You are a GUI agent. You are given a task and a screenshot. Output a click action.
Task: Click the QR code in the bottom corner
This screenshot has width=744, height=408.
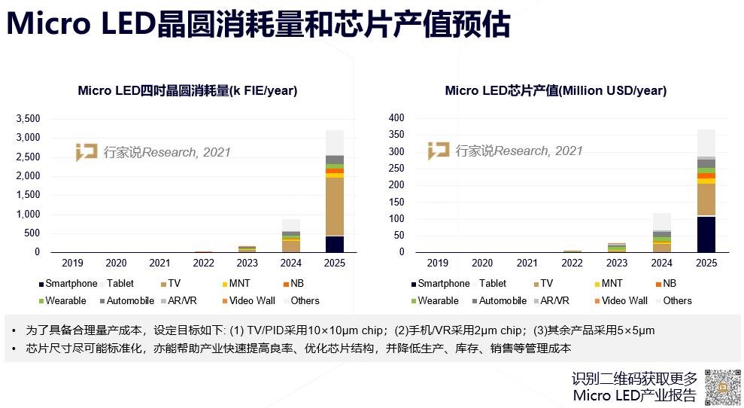click(x=722, y=387)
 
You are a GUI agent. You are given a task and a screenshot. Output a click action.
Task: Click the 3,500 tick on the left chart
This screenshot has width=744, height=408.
click(x=27, y=119)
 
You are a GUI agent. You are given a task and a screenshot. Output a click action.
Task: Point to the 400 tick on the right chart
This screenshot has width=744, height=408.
click(x=396, y=118)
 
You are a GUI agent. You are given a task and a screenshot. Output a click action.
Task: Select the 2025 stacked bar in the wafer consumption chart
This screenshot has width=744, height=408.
click(x=335, y=191)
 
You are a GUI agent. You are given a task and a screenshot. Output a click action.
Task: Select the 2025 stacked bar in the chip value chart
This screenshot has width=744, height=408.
click(x=706, y=191)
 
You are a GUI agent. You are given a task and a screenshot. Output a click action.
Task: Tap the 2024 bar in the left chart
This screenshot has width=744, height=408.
click(x=290, y=236)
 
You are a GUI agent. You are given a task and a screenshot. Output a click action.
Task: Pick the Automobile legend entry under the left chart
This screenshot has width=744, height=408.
click(x=129, y=300)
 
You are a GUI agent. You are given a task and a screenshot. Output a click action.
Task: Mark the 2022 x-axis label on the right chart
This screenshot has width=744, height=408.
click(x=572, y=263)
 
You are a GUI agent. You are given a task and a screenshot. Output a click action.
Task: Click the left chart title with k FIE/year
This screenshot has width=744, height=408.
click(x=187, y=91)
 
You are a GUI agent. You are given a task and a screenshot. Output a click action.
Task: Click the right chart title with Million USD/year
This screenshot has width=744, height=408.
click(x=555, y=91)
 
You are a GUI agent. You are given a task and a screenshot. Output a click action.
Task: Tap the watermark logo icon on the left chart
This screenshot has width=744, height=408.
click(x=87, y=151)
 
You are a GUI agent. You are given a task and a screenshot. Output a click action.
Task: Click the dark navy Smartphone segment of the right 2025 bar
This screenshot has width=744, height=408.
click(x=706, y=234)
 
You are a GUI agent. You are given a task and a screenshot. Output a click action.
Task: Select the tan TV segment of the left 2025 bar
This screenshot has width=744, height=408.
click(x=335, y=206)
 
